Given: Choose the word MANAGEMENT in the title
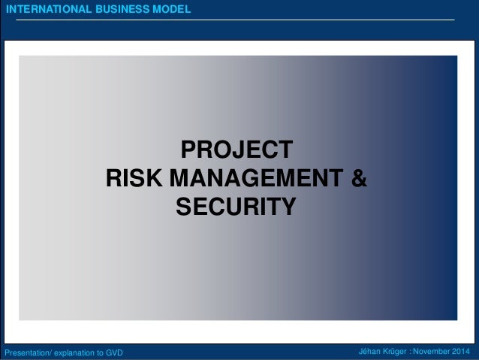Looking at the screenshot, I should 255,179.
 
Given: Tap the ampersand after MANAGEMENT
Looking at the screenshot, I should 360,179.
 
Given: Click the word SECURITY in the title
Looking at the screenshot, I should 236,205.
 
